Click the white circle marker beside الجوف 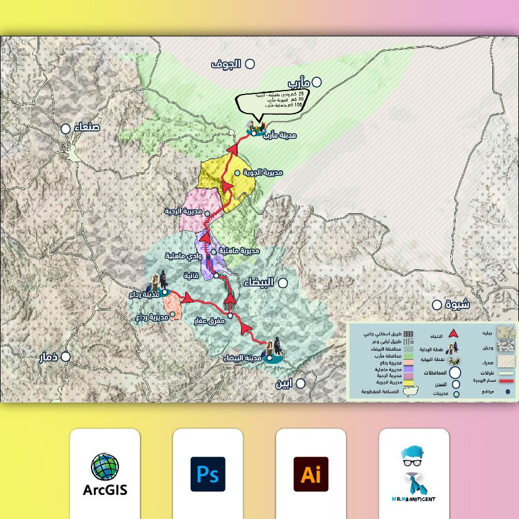[250, 64]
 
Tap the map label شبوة [458, 304]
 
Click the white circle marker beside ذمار [66, 357]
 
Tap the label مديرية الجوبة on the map [262, 172]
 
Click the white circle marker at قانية [216, 276]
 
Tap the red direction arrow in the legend [453, 333]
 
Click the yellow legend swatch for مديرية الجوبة [409, 382]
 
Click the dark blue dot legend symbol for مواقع [508, 392]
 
